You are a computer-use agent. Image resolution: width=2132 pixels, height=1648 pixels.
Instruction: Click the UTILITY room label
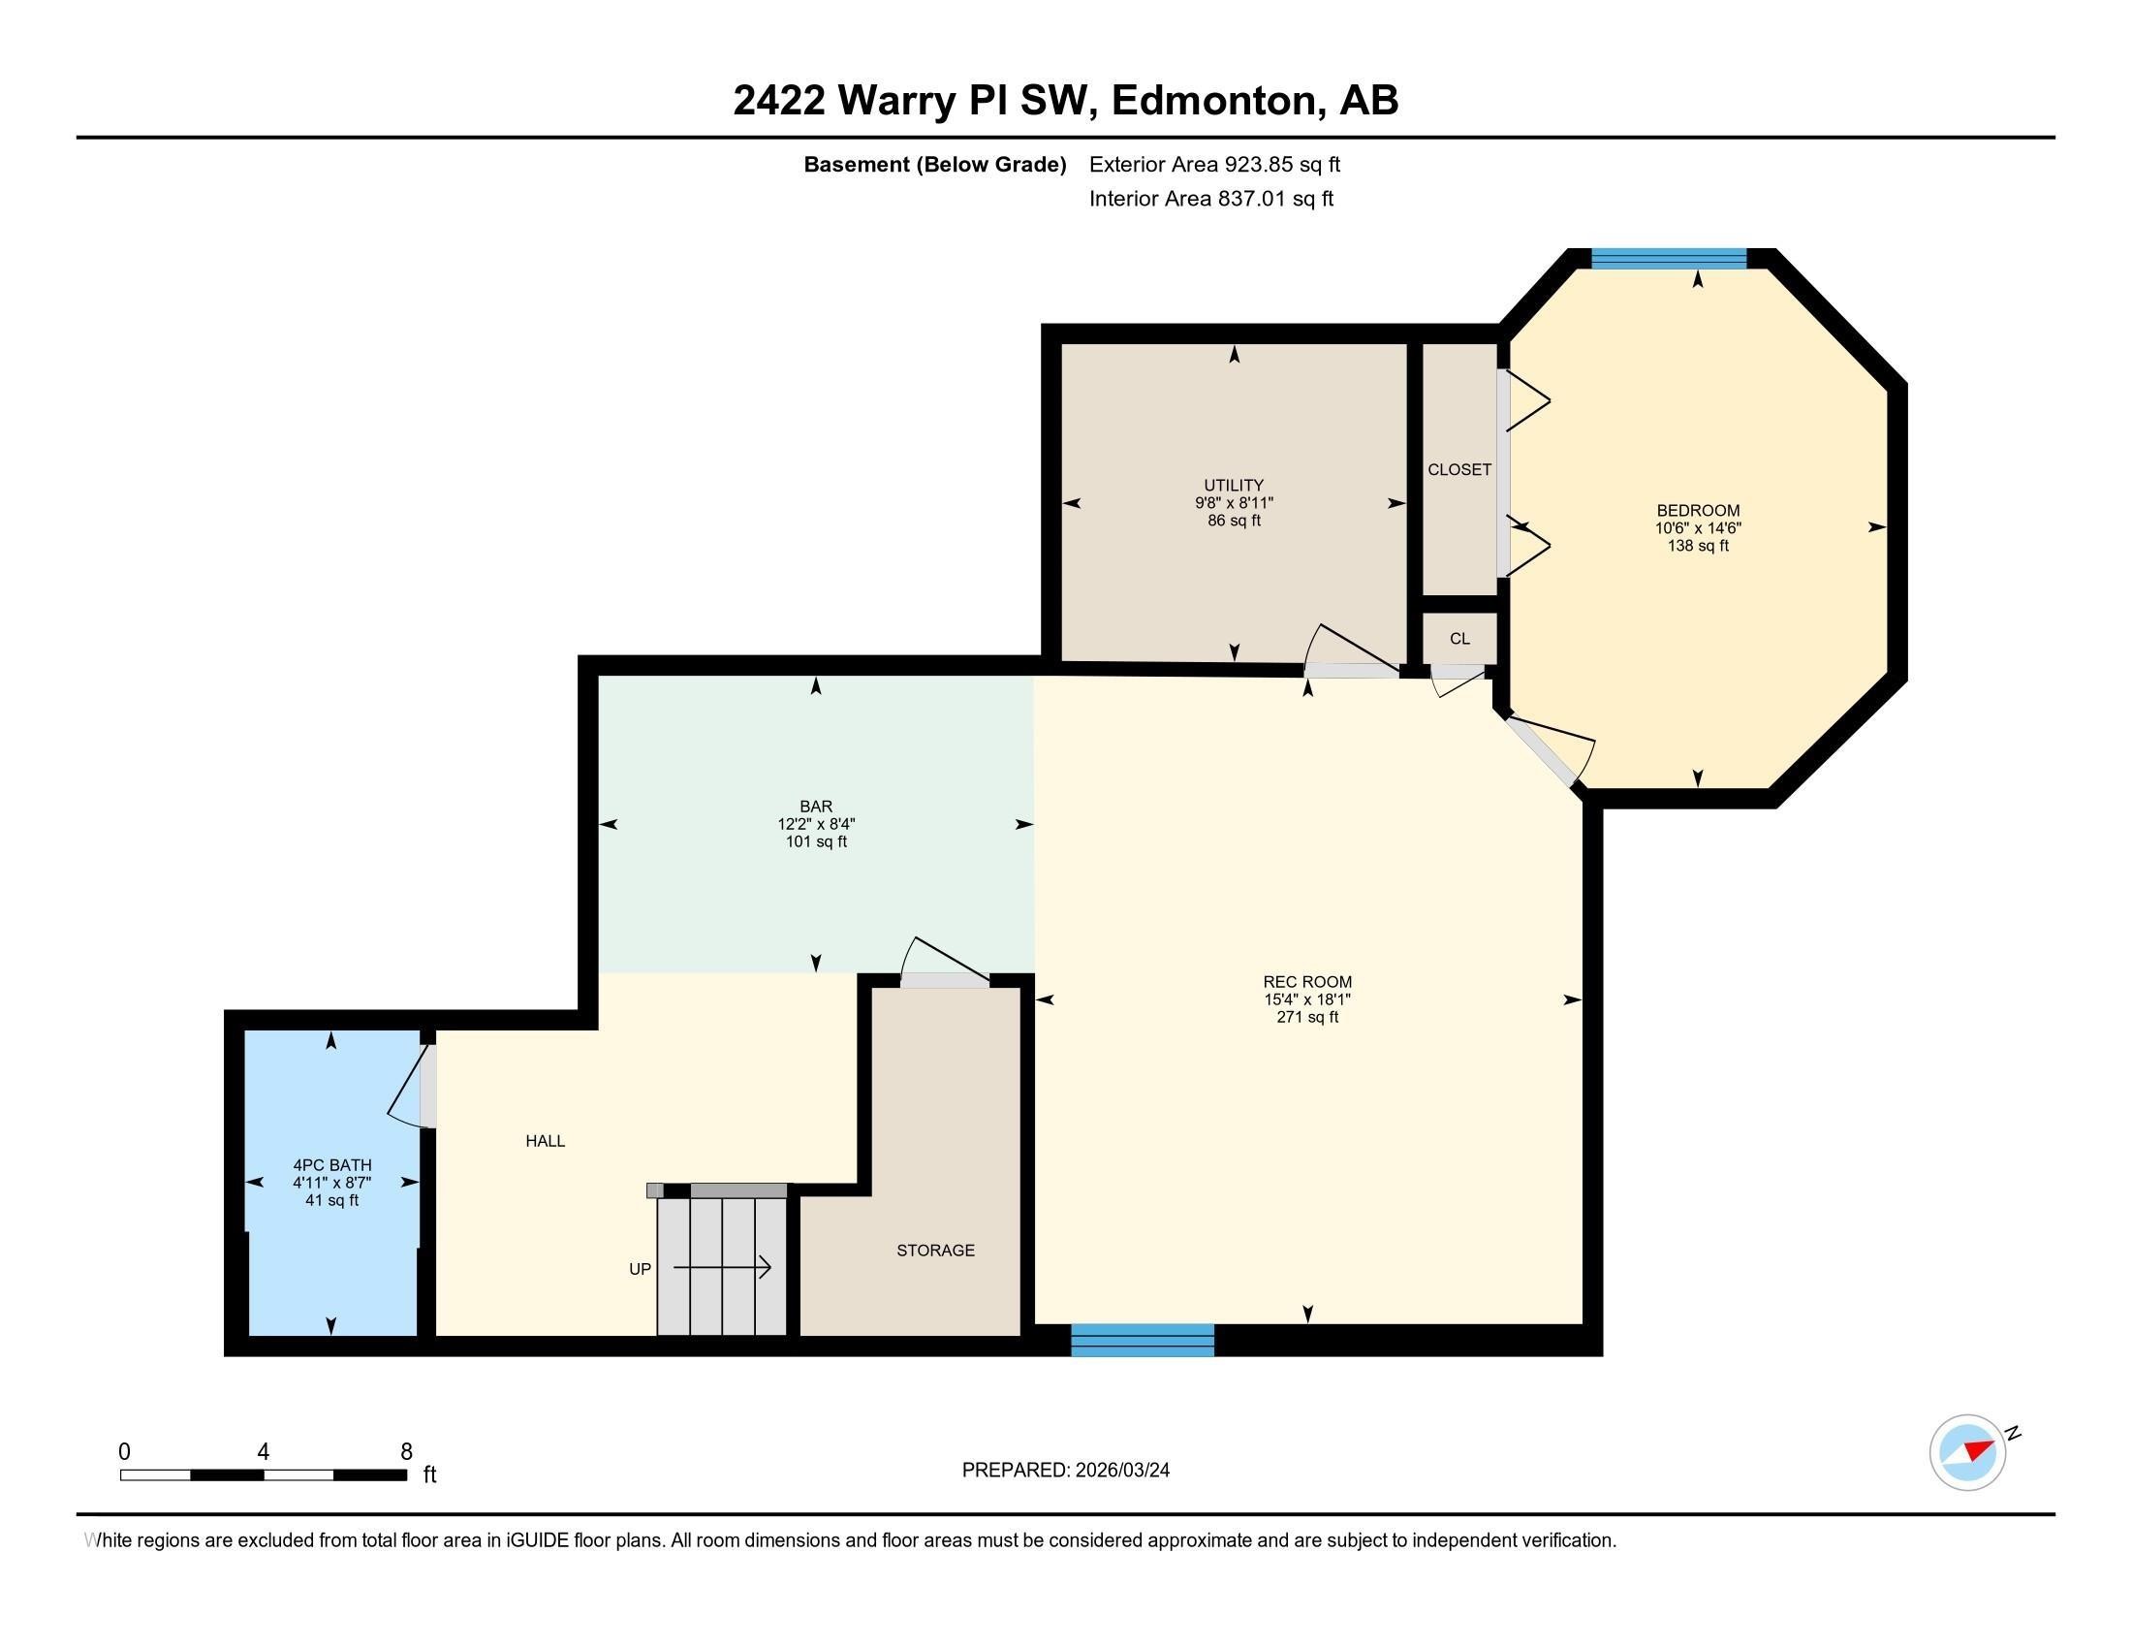click(x=1233, y=486)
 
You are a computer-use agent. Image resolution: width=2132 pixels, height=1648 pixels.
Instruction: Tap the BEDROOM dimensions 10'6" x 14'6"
click(x=1697, y=528)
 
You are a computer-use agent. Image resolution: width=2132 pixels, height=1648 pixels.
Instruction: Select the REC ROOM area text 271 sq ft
click(x=1306, y=1017)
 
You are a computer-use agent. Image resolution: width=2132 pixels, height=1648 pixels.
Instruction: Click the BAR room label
click(x=815, y=807)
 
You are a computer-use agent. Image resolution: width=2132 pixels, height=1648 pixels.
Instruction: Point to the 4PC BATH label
click(x=331, y=1164)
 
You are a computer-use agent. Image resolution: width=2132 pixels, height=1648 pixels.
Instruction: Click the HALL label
click(x=545, y=1140)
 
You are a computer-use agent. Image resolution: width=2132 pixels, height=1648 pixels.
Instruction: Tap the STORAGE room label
click(x=935, y=1250)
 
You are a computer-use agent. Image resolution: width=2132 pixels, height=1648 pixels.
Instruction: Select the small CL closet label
click(x=1458, y=639)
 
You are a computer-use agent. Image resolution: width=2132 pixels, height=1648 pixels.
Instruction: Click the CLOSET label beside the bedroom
click(x=1458, y=469)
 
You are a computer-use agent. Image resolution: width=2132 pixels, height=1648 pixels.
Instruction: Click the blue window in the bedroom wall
click(x=1669, y=259)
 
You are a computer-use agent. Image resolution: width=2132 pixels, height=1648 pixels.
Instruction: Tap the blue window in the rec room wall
click(x=1143, y=1340)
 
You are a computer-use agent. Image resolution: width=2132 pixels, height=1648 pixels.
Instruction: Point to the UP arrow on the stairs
click(x=722, y=1268)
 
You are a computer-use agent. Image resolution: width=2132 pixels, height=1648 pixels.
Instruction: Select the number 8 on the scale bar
click(x=406, y=1451)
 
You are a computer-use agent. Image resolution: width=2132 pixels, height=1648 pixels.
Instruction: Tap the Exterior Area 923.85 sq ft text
click(x=1214, y=164)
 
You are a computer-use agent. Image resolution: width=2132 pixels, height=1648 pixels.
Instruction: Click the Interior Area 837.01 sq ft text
click(x=1210, y=198)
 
